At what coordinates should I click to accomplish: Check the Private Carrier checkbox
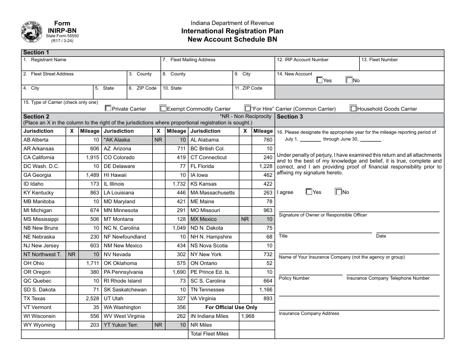(108, 109)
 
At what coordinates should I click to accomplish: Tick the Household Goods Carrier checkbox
(353, 109)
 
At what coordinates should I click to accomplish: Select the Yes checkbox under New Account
(320, 80)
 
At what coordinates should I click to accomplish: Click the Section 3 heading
(290, 117)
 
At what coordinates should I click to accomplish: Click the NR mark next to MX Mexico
(245, 219)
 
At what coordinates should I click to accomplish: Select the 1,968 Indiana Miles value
(249, 316)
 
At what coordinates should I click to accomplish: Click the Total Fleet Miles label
(209, 334)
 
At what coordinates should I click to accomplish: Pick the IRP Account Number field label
(302, 60)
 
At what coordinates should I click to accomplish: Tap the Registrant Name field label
(48, 60)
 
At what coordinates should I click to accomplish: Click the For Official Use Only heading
(231, 307)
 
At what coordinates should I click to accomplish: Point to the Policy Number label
(294, 278)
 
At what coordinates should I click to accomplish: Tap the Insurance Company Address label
(309, 313)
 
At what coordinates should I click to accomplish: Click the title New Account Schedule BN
(232, 39)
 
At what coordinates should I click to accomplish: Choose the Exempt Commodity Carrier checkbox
(163, 109)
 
